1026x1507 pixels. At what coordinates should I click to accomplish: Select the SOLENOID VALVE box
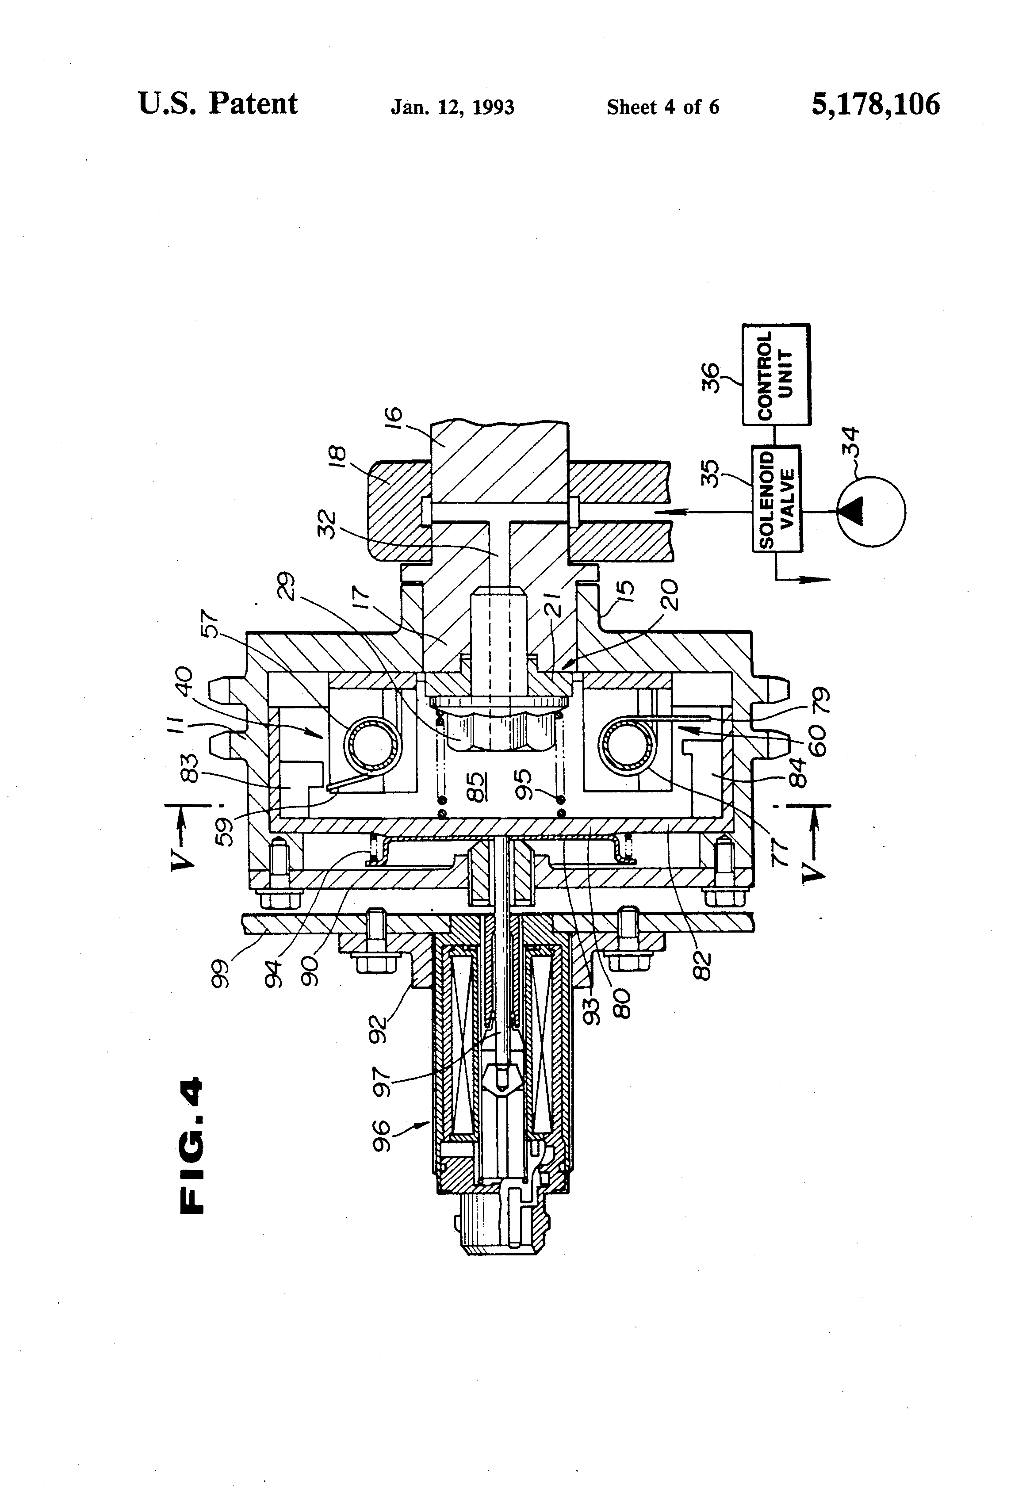tap(776, 498)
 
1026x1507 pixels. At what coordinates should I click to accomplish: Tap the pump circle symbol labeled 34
tap(870, 512)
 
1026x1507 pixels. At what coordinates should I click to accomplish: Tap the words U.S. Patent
tap(218, 104)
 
